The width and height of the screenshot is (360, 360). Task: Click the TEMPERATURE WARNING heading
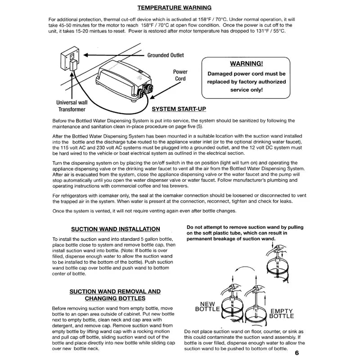pyautogui.click(x=175, y=8)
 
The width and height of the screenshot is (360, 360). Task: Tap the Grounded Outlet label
pyautogui.click(x=166, y=55)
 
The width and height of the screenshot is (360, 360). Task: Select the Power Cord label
pyautogui.click(x=180, y=75)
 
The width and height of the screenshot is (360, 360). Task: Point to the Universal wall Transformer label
pyautogui.click(x=72, y=106)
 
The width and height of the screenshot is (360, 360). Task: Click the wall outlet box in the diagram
pyautogui.click(x=70, y=58)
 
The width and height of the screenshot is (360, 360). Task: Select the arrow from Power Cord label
pyautogui.click(x=165, y=90)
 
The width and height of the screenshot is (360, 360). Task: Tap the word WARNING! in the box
pyautogui.click(x=246, y=63)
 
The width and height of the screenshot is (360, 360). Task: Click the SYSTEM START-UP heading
pyautogui.click(x=179, y=109)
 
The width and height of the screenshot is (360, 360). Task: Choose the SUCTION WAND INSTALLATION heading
pyautogui.click(x=116, y=229)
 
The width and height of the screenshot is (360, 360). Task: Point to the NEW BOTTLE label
pyautogui.click(x=207, y=306)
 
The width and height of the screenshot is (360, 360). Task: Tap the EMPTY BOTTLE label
pyautogui.click(x=282, y=314)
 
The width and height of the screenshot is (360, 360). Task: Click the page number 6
pyautogui.click(x=297, y=353)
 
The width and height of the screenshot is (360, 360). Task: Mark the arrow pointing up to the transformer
pyautogui.click(x=72, y=85)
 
